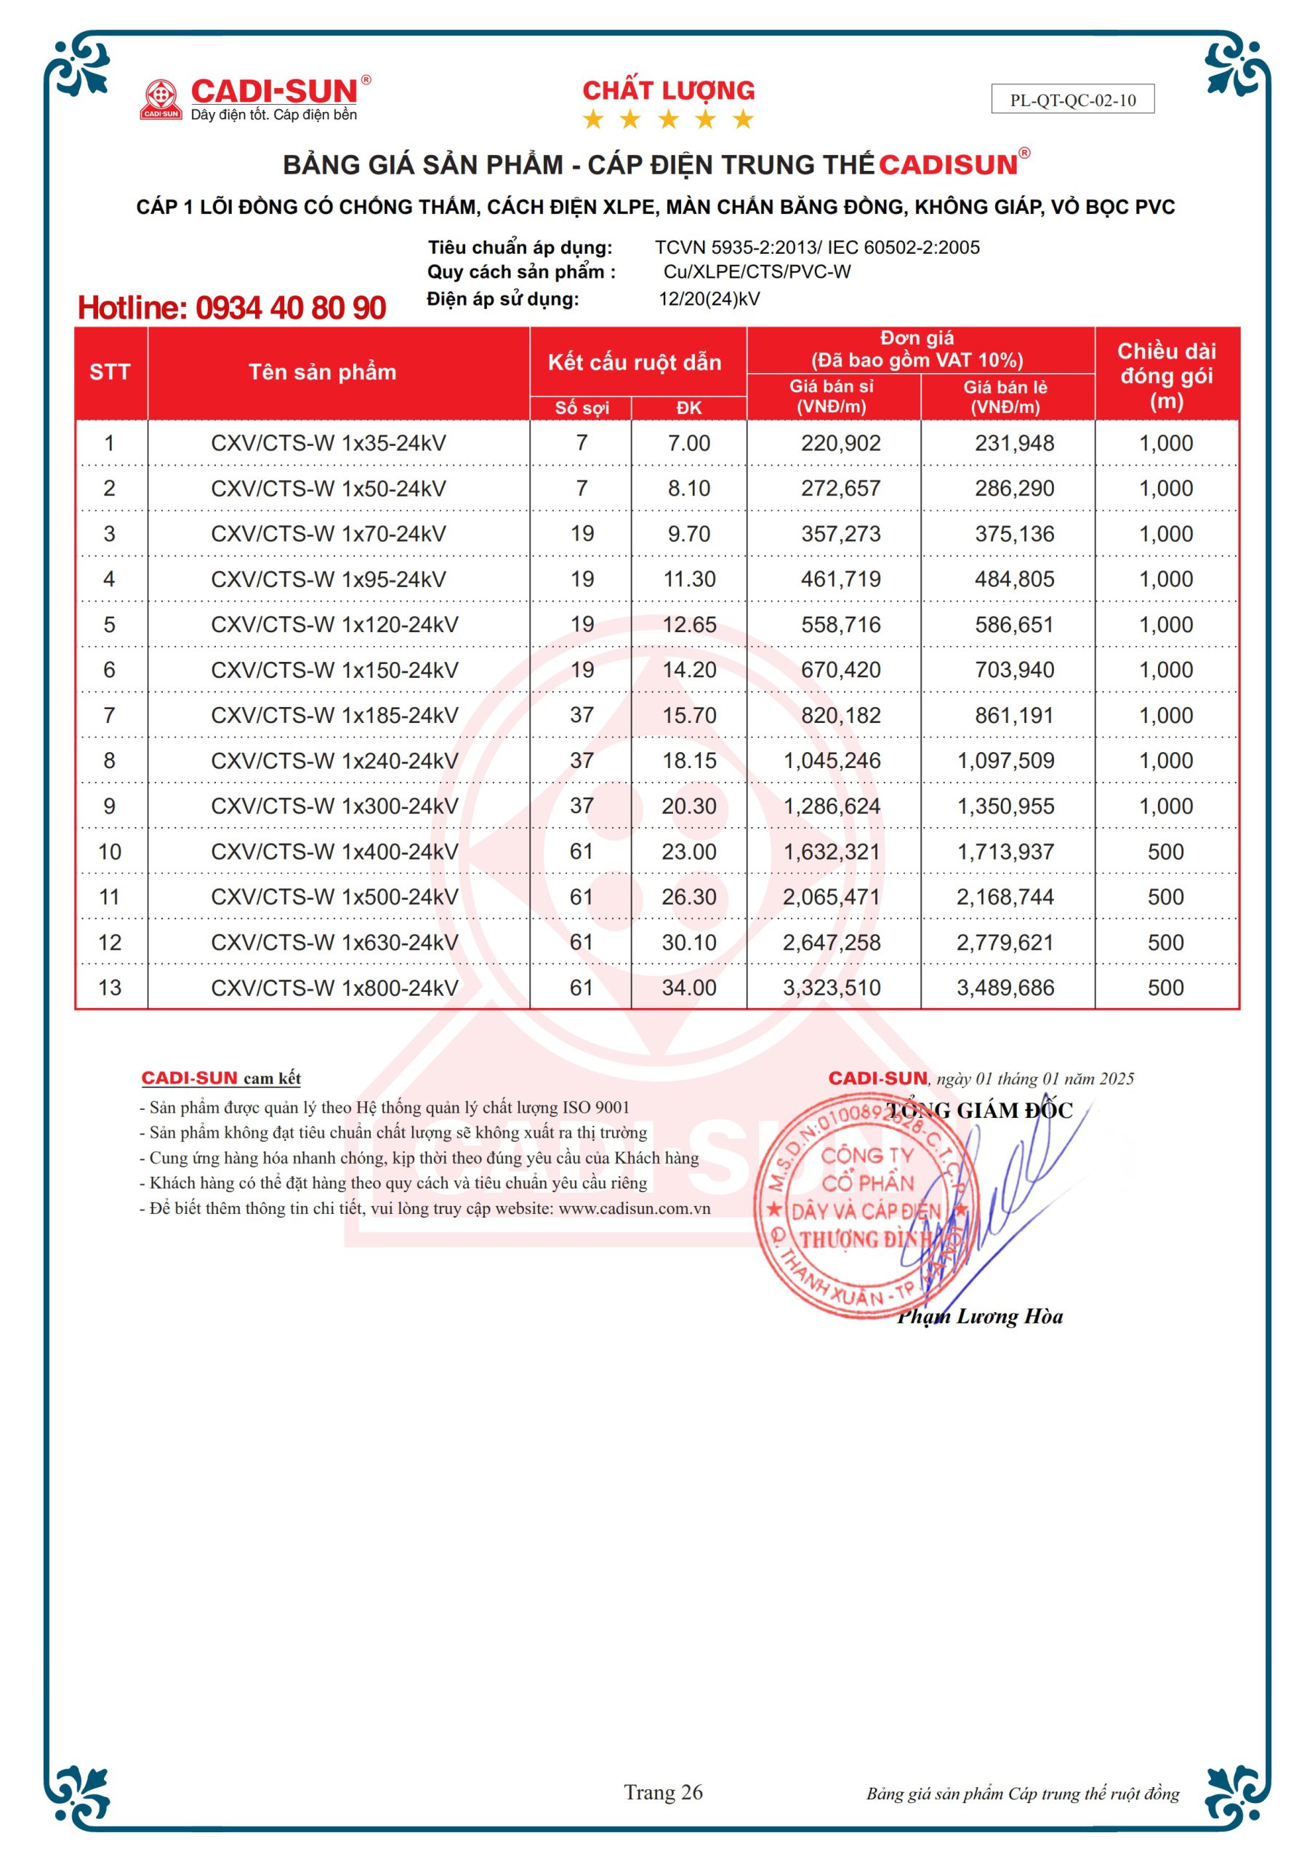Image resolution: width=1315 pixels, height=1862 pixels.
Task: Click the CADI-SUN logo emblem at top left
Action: tap(161, 99)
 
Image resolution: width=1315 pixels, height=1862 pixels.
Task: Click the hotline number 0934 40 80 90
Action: tap(290, 308)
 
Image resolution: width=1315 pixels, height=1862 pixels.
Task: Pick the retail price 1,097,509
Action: tap(1005, 761)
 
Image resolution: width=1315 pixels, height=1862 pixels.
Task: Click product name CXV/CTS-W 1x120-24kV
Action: tap(334, 625)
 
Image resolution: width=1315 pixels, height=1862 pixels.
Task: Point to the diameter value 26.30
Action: tap(688, 897)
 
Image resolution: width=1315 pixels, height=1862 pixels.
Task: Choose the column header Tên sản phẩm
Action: tap(322, 372)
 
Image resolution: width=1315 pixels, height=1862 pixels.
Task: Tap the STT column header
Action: tap(110, 372)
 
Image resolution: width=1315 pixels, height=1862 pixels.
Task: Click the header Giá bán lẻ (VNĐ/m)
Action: tap(1005, 396)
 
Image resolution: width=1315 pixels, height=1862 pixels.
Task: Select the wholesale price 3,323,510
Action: tap(831, 988)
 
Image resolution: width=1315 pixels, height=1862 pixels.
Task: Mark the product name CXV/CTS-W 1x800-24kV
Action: tap(334, 988)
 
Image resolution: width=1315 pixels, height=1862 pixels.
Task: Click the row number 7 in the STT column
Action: tap(110, 715)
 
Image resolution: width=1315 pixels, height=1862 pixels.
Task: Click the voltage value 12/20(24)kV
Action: tap(709, 299)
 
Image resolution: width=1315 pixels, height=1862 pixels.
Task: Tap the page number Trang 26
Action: tap(662, 1792)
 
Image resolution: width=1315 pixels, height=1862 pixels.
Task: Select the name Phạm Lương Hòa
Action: tap(980, 1316)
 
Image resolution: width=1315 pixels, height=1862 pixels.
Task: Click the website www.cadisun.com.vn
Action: tap(634, 1208)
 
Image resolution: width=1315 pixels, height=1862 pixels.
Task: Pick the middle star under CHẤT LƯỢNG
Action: tap(668, 120)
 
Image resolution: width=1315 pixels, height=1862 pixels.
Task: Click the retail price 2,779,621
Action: tap(1005, 943)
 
